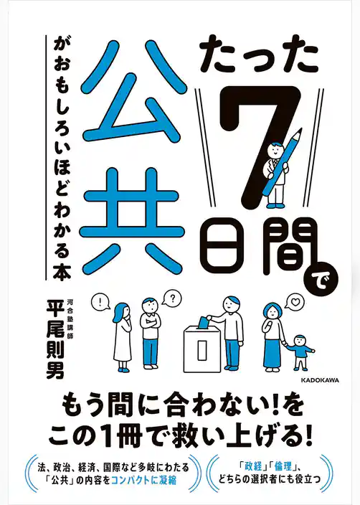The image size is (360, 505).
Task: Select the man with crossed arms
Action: [148, 330]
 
